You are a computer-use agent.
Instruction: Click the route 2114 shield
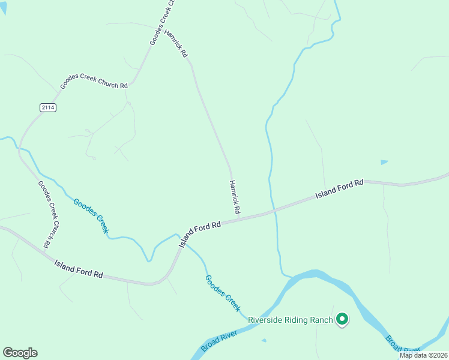[48, 107]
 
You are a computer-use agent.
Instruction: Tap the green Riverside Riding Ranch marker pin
[342, 319]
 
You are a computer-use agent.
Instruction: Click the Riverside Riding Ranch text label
[291, 320]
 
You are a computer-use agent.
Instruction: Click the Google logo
[20, 353]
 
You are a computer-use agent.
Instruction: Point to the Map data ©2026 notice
[424, 355]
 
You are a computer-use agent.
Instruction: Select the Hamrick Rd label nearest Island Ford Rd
[234, 197]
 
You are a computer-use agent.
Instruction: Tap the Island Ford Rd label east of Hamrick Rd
[340, 189]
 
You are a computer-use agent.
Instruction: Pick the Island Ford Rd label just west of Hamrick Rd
[200, 233]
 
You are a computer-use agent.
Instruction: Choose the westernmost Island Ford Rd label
[79, 268]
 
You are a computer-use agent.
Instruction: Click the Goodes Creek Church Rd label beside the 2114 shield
[94, 84]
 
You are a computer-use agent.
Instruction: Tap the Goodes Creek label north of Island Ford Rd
[91, 215]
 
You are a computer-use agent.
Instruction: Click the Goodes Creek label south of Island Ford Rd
[222, 293]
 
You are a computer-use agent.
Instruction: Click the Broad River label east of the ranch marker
[401, 344]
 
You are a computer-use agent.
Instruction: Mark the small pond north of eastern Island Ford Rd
[384, 162]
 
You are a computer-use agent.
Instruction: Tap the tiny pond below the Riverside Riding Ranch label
[264, 341]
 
